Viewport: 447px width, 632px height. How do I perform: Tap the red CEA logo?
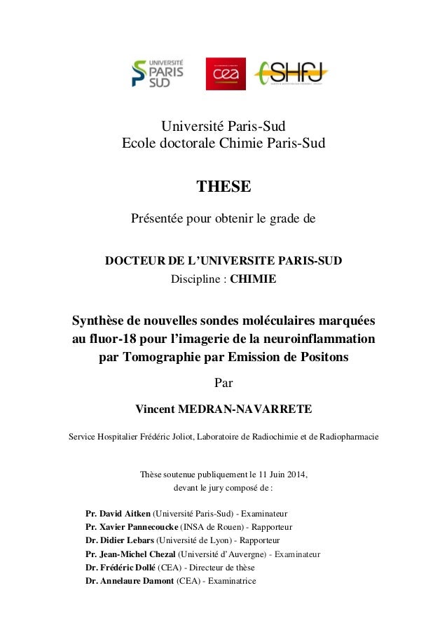click(221, 73)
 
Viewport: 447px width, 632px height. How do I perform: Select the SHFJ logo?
click(291, 72)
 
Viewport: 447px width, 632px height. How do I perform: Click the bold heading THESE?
click(224, 187)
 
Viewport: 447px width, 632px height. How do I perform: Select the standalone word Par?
click(224, 383)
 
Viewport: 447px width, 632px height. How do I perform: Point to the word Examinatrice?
click(231, 581)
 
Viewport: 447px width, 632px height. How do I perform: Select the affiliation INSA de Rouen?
click(212, 526)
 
